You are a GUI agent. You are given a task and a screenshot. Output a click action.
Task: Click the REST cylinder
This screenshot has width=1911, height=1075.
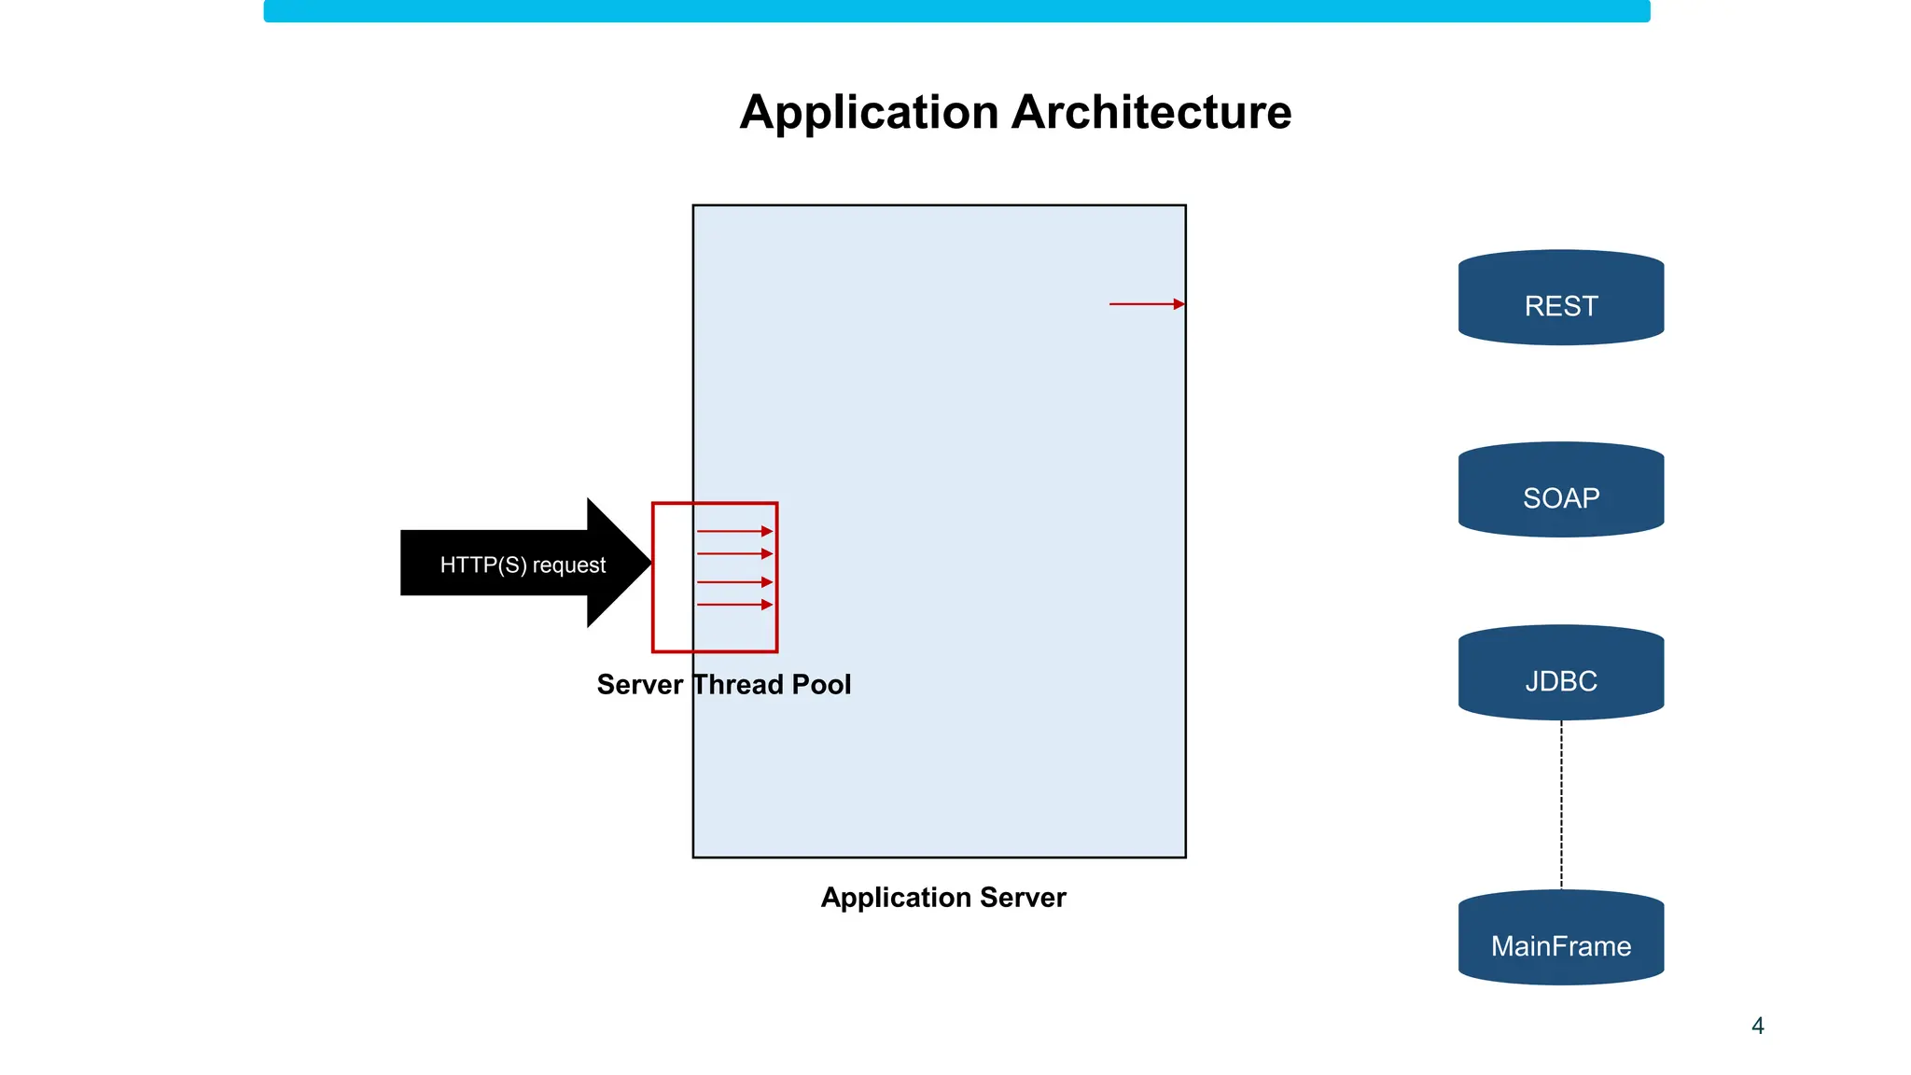point(1560,299)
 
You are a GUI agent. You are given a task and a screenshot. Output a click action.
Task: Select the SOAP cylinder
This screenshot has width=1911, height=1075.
point(1560,491)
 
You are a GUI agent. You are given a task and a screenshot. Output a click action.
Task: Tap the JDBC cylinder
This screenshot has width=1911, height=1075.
point(1560,674)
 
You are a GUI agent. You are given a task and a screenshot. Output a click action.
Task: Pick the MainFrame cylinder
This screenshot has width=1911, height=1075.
point(1560,939)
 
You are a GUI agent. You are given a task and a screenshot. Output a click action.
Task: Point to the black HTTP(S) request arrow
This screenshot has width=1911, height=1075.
point(504,564)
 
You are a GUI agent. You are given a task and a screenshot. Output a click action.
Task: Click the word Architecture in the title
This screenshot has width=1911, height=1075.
point(1151,112)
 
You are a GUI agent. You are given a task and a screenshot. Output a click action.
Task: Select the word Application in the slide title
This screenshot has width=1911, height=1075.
point(869,112)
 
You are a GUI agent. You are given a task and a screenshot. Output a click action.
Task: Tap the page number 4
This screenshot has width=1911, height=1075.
point(1758,1026)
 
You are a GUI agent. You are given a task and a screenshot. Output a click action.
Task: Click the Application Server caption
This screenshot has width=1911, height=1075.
point(942,897)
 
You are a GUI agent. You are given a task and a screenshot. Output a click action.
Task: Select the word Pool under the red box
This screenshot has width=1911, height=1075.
point(821,684)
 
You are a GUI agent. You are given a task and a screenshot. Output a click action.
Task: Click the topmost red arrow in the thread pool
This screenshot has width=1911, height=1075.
point(734,531)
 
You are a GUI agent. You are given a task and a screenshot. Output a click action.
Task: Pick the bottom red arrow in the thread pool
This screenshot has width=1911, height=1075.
point(734,605)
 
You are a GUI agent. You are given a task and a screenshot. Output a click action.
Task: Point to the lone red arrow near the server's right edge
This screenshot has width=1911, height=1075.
point(1146,304)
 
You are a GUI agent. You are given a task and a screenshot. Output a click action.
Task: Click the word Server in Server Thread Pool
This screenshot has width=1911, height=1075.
point(639,684)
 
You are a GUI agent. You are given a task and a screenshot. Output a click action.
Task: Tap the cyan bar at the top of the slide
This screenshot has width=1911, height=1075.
point(955,10)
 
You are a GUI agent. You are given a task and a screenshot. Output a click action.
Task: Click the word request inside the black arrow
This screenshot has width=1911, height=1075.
point(568,565)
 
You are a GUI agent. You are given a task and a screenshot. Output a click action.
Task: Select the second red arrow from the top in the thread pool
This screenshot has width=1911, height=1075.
point(734,554)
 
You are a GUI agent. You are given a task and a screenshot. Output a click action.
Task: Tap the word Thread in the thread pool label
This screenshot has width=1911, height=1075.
point(738,684)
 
